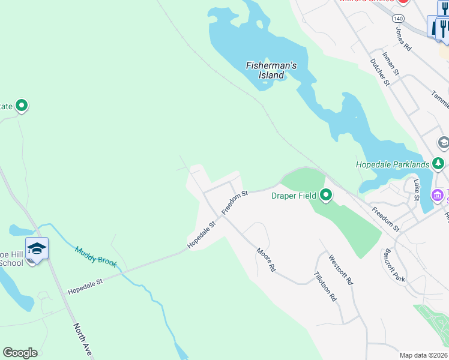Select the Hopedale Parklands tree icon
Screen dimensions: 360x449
click(x=439, y=163)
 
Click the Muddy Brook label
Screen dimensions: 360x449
click(x=95, y=259)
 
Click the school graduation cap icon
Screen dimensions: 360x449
click(x=37, y=248)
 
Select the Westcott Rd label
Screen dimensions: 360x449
click(x=341, y=270)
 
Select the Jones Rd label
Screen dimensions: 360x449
click(x=403, y=38)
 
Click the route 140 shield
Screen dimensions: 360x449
click(x=399, y=19)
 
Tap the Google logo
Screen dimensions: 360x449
click(x=20, y=353)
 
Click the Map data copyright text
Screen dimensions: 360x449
click(x=423, y=355)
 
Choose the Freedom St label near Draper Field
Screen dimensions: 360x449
click(x=235, y=203)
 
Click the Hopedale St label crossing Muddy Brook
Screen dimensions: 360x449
click(x=86, y=286)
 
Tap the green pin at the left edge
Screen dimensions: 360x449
click(x=22, y=106)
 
